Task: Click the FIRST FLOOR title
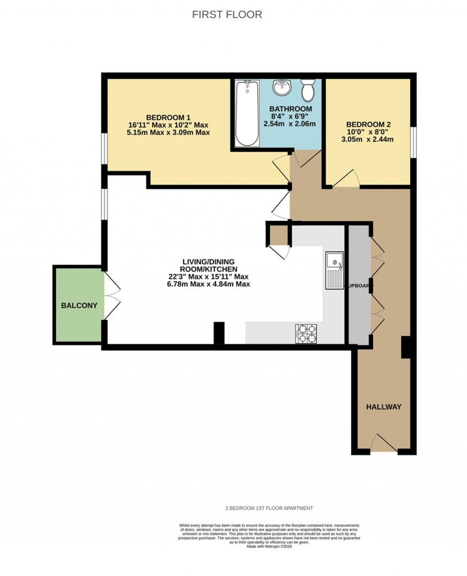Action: pos(227,15)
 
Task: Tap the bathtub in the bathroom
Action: pos(247,114)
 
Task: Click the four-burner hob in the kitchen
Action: pos(306,333)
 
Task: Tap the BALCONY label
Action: pos(79,306)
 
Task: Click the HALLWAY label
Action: pos(384,407)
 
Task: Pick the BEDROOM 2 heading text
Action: pos(368,125)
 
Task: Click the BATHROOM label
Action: pos(291,109)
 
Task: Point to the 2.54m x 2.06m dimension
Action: pos(291,124)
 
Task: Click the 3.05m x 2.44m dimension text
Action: pos(368,139)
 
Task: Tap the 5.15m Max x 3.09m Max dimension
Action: pos(168,133)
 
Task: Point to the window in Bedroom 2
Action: pos(413,143)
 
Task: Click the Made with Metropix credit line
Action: pos(269,546)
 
